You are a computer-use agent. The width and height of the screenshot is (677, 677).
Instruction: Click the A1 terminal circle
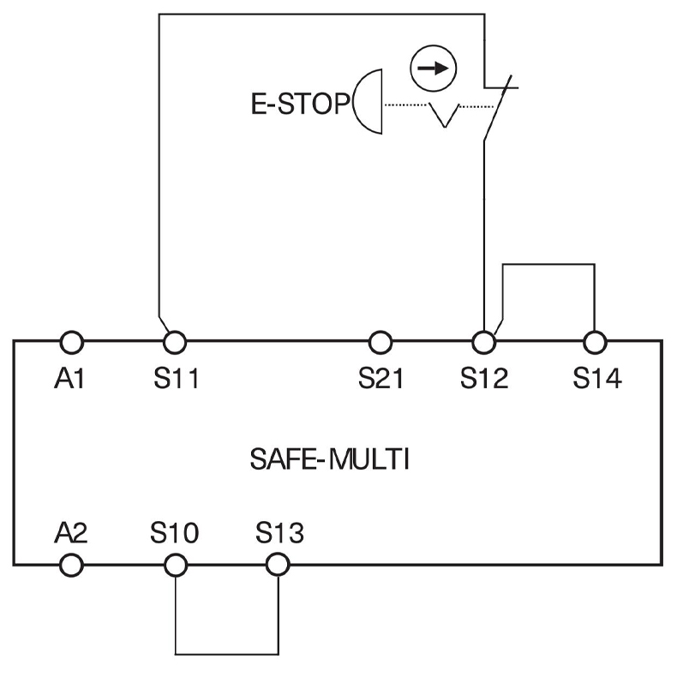point(72,342)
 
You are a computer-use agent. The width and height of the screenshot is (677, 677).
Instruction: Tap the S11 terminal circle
point(175,342)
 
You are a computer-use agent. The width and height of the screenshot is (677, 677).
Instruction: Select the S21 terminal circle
point(380,342)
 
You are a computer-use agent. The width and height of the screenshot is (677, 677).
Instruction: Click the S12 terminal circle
point(484,342)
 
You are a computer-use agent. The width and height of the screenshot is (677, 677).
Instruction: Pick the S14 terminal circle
point(594,342)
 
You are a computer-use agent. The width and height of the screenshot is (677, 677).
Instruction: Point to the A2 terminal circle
point(72,564)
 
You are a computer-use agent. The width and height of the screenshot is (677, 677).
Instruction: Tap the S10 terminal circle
point(175,564)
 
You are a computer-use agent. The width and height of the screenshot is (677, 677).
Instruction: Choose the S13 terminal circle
point(277,564)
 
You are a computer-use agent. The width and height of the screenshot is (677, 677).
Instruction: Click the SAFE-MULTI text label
point(330,460)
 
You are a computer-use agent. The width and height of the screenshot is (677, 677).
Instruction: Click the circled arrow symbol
point(433,69)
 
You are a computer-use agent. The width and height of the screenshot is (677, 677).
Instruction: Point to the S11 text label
point(177,378)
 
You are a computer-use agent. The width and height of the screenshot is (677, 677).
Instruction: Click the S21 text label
point(382,378)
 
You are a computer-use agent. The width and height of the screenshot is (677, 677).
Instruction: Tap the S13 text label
point(279,533)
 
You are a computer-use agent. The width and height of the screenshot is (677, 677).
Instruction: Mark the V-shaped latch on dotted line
point(444,115)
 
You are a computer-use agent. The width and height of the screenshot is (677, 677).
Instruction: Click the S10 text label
point(176,533)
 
